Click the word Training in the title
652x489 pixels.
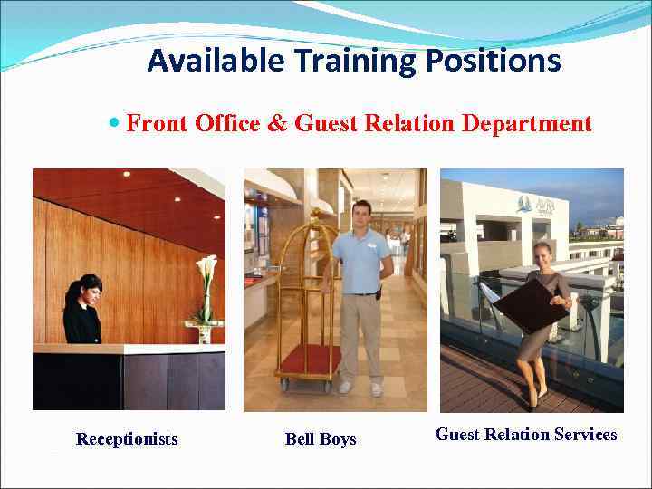[x=351, y=61]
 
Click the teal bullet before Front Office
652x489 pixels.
[x=114, y=121]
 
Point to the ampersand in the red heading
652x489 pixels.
[x=276, y=123]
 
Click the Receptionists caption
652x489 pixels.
[x=127, y=439]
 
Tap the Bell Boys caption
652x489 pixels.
[x=321, y=439]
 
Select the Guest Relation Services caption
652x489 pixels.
[x=526, y=435]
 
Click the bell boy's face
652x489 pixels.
[x=362, y=216]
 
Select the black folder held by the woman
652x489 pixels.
[x=525, y=304]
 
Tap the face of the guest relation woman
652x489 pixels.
[x=542, y=253]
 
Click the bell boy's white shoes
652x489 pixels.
[x=360, y=388]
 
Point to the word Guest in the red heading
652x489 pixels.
[x=327, y=123]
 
